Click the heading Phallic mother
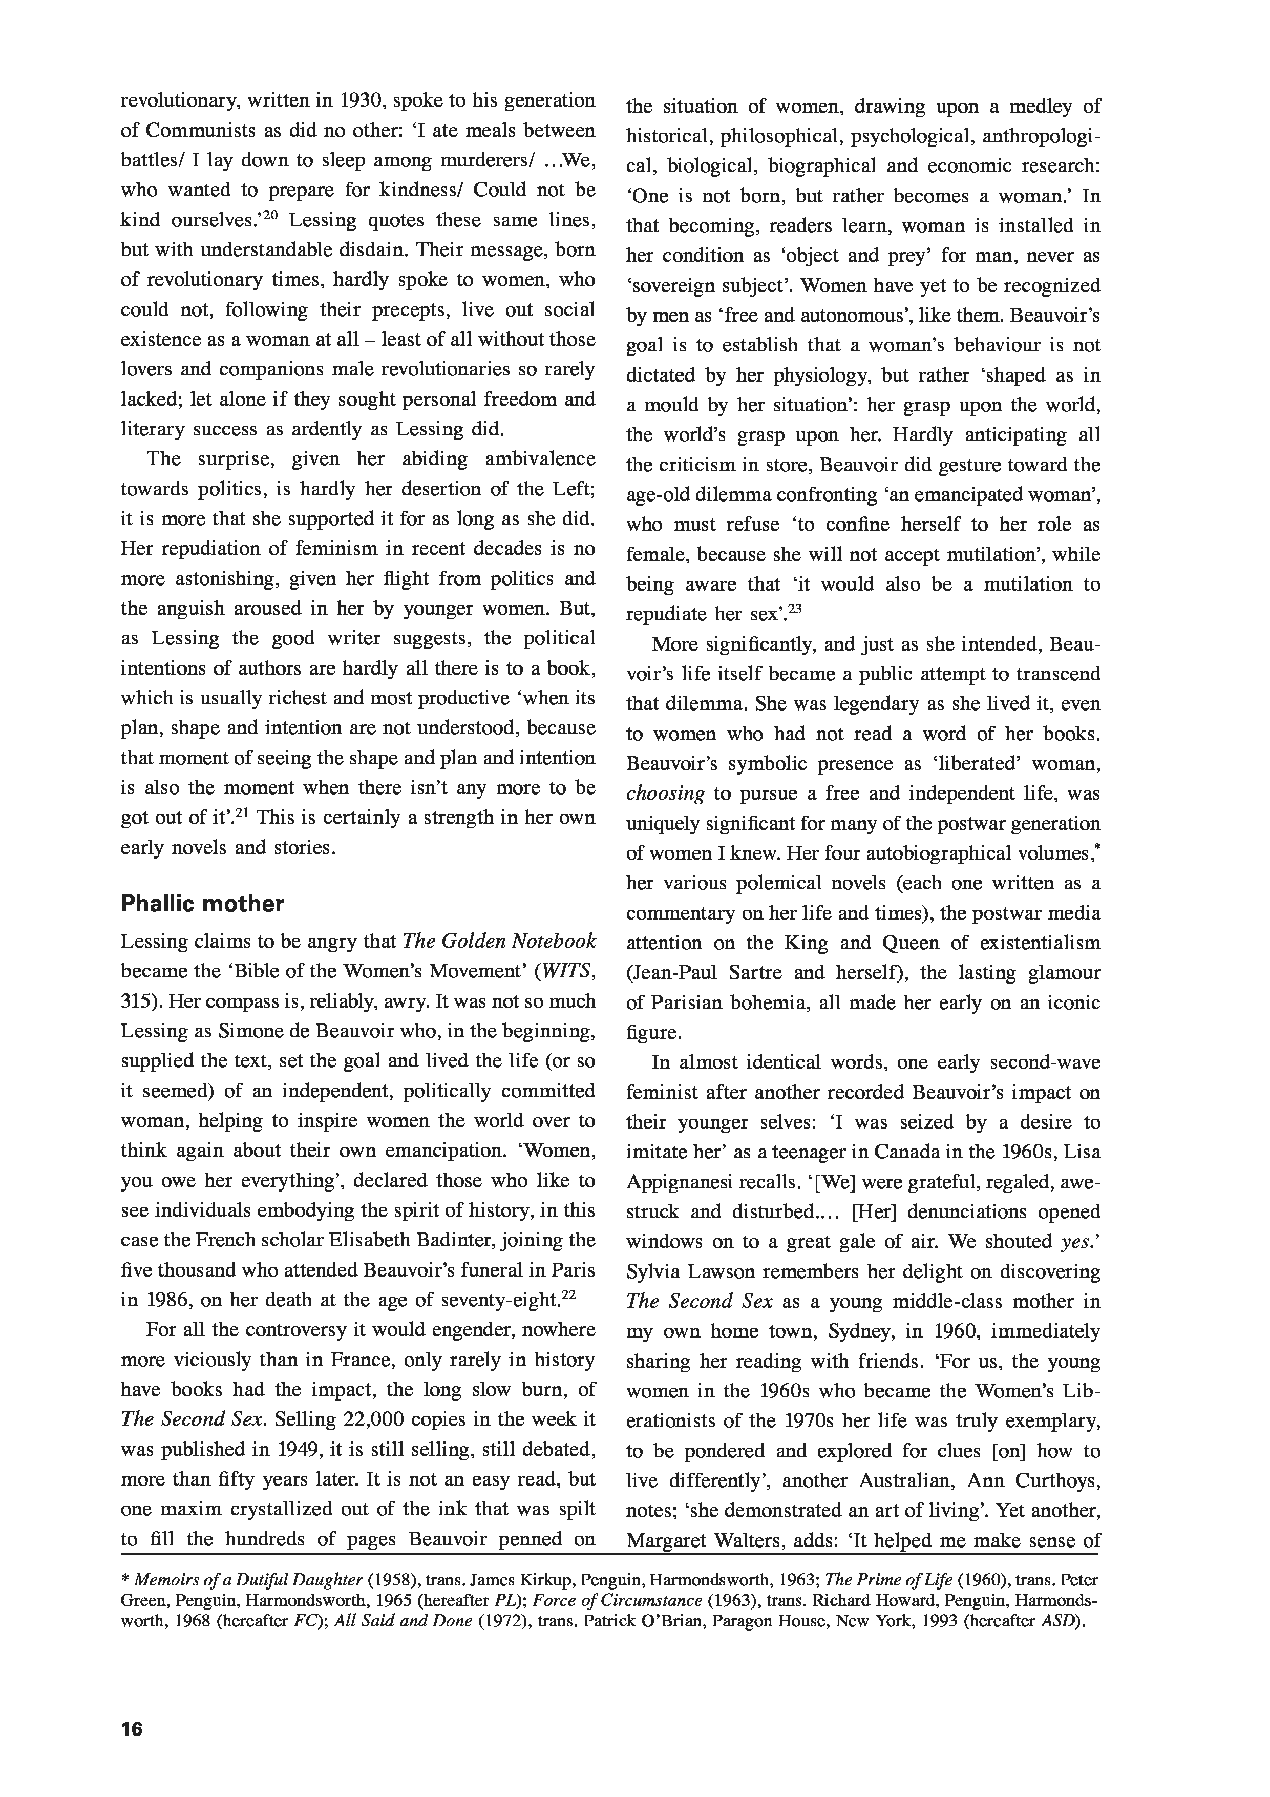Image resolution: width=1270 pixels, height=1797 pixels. (x=202, y=904)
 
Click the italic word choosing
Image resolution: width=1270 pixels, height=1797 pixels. (x=665, y=793)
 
